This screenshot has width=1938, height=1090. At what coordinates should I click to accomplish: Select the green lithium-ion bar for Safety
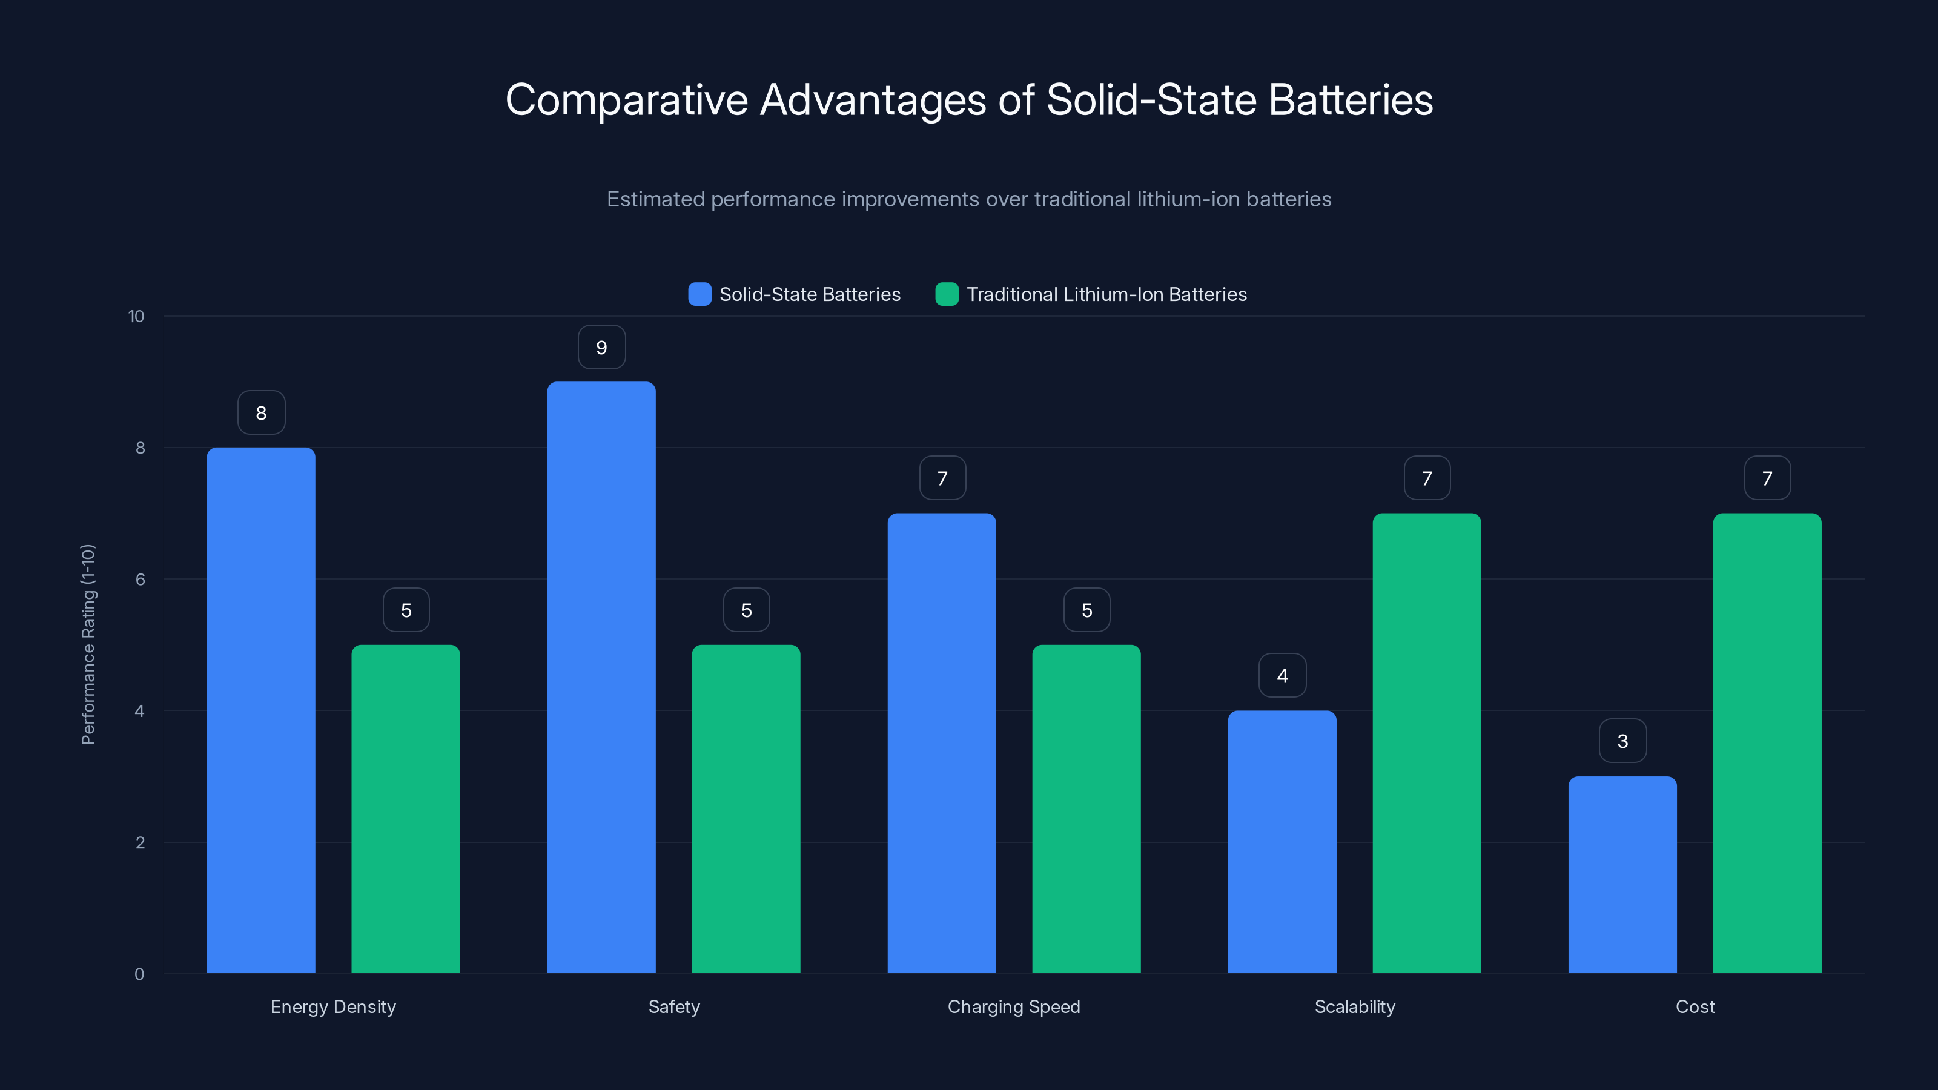[746, 808]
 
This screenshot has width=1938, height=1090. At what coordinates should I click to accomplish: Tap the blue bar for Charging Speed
[941, 742]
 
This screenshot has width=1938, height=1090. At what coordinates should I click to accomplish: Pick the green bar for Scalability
[1426, 742]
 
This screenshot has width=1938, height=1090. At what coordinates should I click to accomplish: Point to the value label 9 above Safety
[601, 348]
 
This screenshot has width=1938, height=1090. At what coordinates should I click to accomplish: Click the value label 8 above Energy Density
[261, 413]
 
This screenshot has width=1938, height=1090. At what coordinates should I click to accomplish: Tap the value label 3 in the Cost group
[1622, 741]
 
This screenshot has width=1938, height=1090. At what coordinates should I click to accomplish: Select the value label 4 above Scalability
[1282, 676]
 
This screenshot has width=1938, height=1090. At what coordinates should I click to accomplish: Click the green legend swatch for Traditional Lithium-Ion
[947, 294]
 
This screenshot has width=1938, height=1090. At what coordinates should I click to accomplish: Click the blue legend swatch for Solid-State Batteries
[699, 294]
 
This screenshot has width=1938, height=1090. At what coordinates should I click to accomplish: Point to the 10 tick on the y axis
[136, 317]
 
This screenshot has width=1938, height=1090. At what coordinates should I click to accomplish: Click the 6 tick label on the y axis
[140, 580]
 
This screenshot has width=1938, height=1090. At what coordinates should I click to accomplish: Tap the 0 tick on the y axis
[139, 974]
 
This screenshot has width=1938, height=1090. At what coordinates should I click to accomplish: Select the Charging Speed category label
[1013, 1006]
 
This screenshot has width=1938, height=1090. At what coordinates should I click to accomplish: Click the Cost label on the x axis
[1695, 1006]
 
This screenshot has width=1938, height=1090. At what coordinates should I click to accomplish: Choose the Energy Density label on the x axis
[332, 1006]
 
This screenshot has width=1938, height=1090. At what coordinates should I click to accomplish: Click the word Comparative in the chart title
[626, 100]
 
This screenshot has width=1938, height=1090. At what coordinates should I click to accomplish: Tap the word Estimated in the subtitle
[655, 199]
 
